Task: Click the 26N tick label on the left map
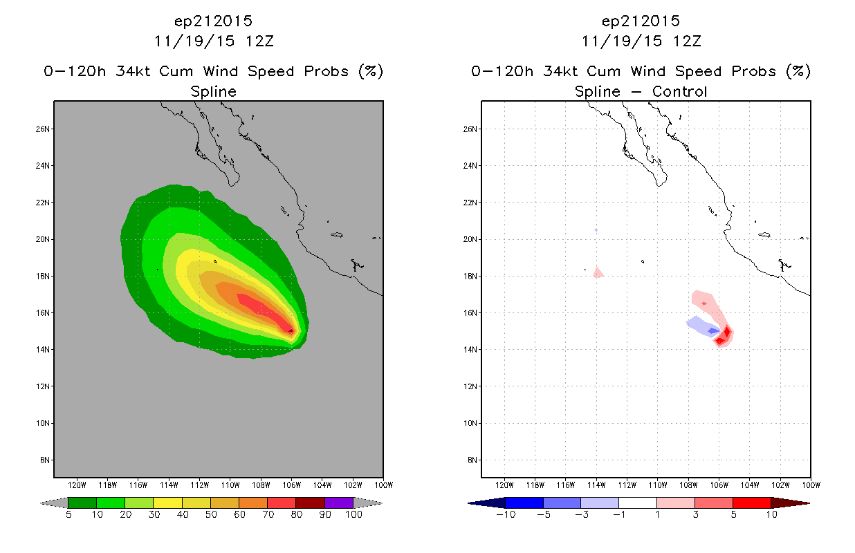[x=43, y=129]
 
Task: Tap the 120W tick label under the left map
[x=77, y=485]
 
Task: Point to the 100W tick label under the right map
[x=811, y=485]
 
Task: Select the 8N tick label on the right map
[x=472, y=460]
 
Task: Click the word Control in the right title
[x=679, y=91]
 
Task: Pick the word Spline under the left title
[x=213, y=91]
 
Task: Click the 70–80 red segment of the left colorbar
[x=282, y=503]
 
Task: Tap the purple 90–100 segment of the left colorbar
[x=339, y=503]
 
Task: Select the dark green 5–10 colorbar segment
[x=82, y=503]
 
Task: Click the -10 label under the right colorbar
[x=506, y=514]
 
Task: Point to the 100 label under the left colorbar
[x=353, y=514]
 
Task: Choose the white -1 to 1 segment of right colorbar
[x=638, y=503]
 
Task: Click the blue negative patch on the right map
[x=703, y=327]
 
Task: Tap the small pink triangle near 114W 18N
[x=598, y=272]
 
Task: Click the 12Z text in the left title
[x=259, y=41]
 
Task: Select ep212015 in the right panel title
[x=641, y=21]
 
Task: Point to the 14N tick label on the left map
[x=43, y=349]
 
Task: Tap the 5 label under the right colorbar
[x=733, y=514]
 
